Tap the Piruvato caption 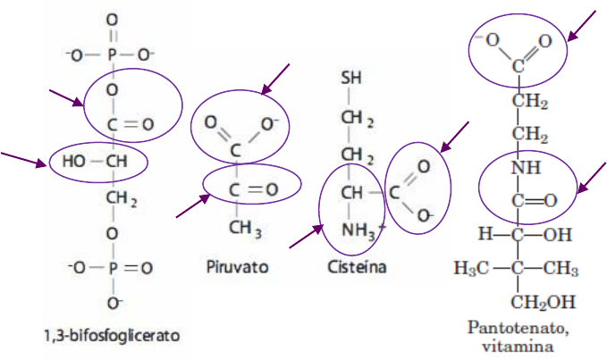point(237,266)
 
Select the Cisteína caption point(355,266)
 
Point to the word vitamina point(519,344)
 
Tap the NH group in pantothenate point(519,167)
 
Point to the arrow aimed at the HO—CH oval point(25,160)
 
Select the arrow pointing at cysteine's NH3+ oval point(304,236)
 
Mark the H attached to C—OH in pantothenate point(485,234)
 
